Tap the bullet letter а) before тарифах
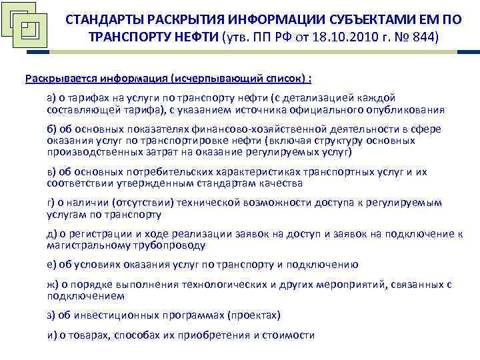[x=51, y=98]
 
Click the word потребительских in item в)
[x=156, y=172]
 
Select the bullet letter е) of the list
[x=51, y=264]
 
